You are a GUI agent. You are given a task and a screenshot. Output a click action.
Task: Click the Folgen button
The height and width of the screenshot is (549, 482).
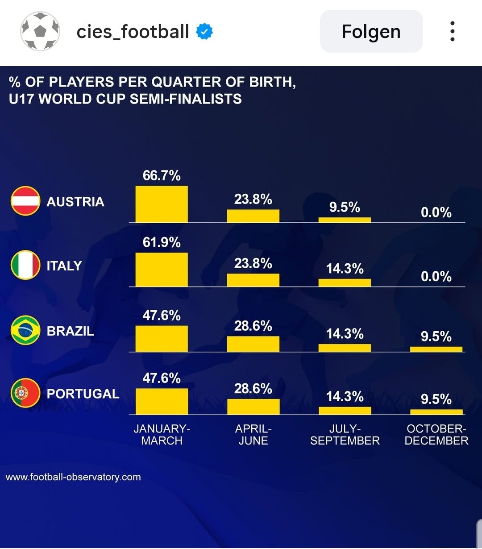pyautogui.click(x=371, y=32)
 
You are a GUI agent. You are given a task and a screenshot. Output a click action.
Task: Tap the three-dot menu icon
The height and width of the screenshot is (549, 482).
pyautogui.click(x=453, y=32)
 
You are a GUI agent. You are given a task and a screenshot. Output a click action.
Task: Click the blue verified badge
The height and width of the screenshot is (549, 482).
pyautogui.click(x=204, y=32)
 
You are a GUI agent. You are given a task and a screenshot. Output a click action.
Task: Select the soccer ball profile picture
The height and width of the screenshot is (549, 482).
pyautogui.click(x=40, y=31)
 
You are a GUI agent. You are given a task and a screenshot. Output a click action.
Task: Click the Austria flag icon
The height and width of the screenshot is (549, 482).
pyautogui.click(x=25, y=201)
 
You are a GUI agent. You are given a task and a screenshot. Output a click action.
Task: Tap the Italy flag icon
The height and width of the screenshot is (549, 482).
pyautogui.click(x=25, y=265)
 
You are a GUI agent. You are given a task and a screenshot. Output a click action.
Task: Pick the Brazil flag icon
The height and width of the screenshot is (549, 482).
pyautogui.click(x=25, y=330)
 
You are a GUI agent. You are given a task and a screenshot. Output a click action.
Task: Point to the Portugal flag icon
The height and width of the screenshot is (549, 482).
pyautogui.click(x=25, y=393)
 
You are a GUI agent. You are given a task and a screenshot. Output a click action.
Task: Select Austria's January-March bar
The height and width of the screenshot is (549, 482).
pyautogui.click(x=162, y=204)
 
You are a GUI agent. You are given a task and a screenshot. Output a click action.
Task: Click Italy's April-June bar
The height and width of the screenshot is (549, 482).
pyautogui.click(x=253, y=280)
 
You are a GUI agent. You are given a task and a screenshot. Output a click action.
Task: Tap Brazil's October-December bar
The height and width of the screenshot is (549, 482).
pyautogui.click(x=436, y=349)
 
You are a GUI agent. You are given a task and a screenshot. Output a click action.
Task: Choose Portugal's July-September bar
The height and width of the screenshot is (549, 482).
pyautogui.click(x=345, y=411)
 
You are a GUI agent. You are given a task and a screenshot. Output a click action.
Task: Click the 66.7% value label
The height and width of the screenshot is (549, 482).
pyautogui.click(x=162, y=175)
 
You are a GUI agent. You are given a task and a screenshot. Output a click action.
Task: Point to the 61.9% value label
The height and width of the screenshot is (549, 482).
pyautogui.click(x=162, y=242)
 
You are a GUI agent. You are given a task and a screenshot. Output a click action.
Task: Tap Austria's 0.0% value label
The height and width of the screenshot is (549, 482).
pyautogui.click(x=436, y=212)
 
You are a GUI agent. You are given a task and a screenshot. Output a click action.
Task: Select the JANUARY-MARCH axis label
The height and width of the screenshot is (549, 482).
pyautogui.click(x=162, y=435)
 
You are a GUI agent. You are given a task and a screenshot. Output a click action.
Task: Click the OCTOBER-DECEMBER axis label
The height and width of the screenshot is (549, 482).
pyautogui.click(x=436, y=435)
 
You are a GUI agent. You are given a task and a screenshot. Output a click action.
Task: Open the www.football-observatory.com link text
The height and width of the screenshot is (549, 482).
pyautogui.click(x=73, y=477)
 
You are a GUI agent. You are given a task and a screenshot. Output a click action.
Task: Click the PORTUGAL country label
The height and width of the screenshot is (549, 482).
pyautogui.click(x=83, y=394)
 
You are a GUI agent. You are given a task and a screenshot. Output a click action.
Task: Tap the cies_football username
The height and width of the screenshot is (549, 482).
pyautogui.click(x=133, y=32)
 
